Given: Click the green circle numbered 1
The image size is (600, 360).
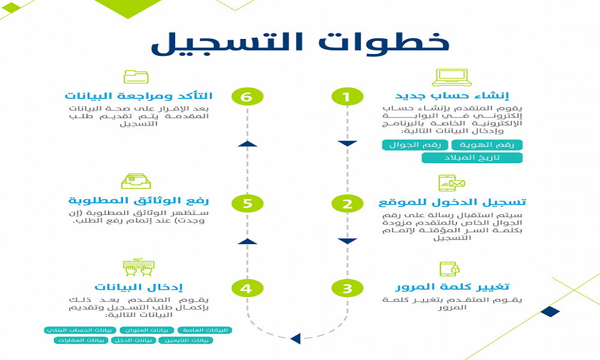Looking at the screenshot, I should [347, 97].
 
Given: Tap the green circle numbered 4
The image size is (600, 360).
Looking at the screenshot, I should [247, 289].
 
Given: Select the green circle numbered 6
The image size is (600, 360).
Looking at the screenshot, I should [247, 97].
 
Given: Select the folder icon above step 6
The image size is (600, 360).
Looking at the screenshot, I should [136, 77].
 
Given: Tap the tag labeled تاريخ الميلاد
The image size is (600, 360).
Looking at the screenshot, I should [472, 158].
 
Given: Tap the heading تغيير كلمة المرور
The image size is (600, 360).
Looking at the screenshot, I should [452, 287].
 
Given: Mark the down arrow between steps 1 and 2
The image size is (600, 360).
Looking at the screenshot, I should [347, 143].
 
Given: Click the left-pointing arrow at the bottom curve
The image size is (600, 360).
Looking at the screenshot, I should [295, 338].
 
